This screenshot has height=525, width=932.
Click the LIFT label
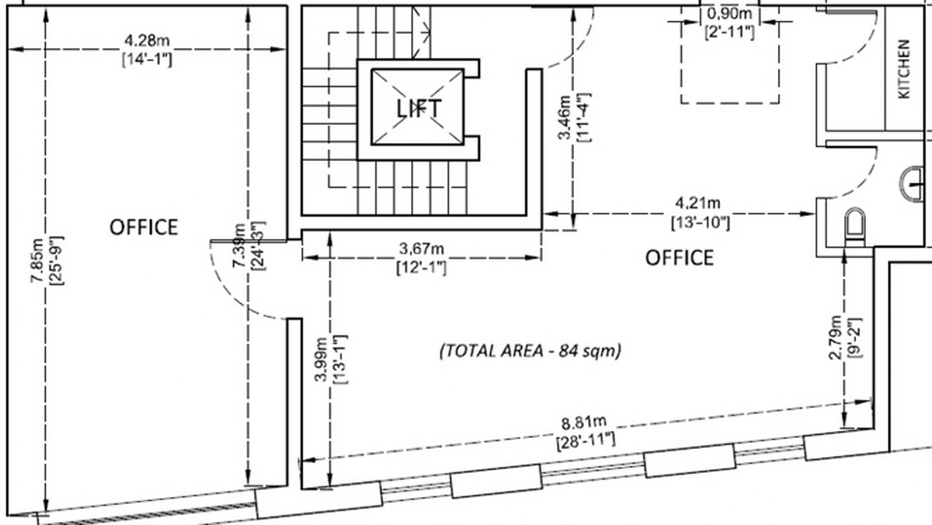(x=419, y=107)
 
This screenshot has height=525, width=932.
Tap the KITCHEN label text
(x=904, y=79)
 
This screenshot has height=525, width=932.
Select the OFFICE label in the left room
(x=144, y=227)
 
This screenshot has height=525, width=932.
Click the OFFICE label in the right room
(x=680, y=257)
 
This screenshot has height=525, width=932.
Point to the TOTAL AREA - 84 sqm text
(x=531, y=350)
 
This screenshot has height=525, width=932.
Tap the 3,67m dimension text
(x=422, y=249)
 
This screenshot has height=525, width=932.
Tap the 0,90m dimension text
(x=730, y=14)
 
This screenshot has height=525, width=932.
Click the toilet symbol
(x=854, y=225)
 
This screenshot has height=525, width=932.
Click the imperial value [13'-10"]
(x=700, y=223)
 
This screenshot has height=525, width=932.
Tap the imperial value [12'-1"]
(x=422, y=266)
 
